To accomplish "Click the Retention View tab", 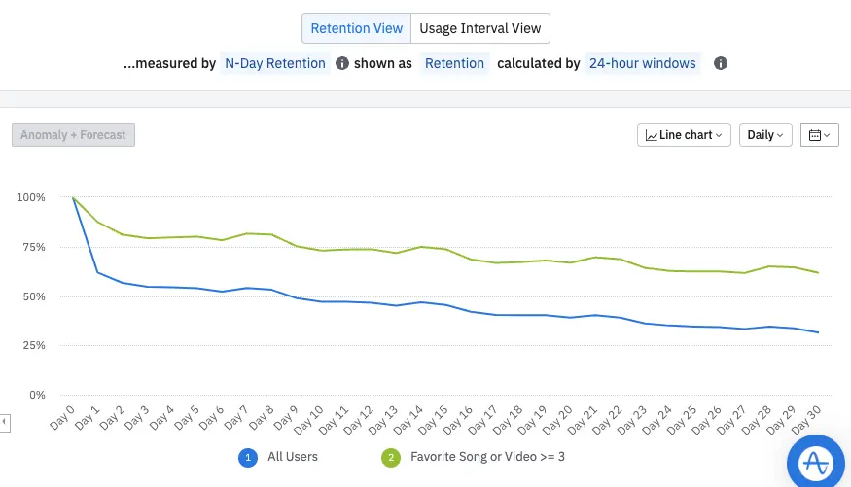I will click(x=356, y=28).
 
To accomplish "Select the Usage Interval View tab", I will click(x=479, y=28).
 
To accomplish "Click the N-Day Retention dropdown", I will click(x=274, y=63).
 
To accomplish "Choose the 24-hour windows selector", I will click(x=642, y=63).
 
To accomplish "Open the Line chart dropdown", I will click(x=685, y=135).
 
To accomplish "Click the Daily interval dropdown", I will click(x=765, y=135).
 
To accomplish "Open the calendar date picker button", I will click(x=819, y=135).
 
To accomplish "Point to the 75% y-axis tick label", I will click(x=30, y=247).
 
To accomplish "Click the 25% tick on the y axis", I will click(x=30, y=345).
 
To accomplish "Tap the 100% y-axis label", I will click(x=30, y=197).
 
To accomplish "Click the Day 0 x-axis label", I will click(x=62, y=419).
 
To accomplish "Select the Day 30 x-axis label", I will click(x=806, y=419).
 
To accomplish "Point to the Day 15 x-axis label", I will click(x=434, y=419).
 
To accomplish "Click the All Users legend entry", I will click(x=292, y=456).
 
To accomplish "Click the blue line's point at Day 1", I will click(x=98, y=272).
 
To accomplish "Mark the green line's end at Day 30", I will click(x=818, y=273).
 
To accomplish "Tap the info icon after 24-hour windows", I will click(x=721, y=63).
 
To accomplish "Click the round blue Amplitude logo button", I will click(x=817, y=463).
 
